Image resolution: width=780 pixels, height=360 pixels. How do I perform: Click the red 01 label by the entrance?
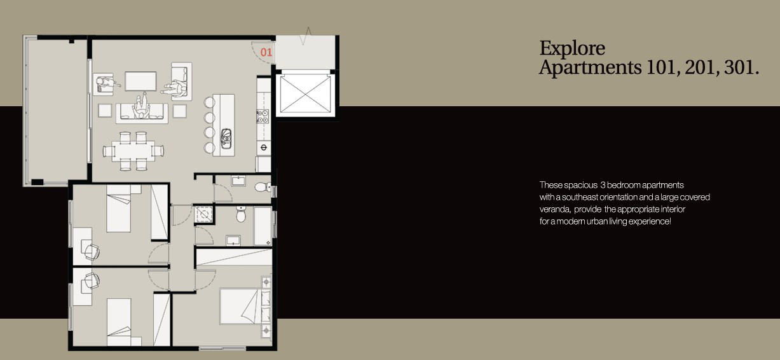[266, 52]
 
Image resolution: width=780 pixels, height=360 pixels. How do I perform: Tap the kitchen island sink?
[226, 138]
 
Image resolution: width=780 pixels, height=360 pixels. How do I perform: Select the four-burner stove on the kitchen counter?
[262, 116]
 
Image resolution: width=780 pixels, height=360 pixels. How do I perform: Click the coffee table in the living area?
[140, 81]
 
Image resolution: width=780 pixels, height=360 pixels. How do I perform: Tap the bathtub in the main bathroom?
[263, 226]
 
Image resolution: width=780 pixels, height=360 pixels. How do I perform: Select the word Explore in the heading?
[572, 48]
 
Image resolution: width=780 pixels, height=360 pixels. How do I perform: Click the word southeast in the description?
[575, 197]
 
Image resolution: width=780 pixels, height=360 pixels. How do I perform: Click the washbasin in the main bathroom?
[233, 240]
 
